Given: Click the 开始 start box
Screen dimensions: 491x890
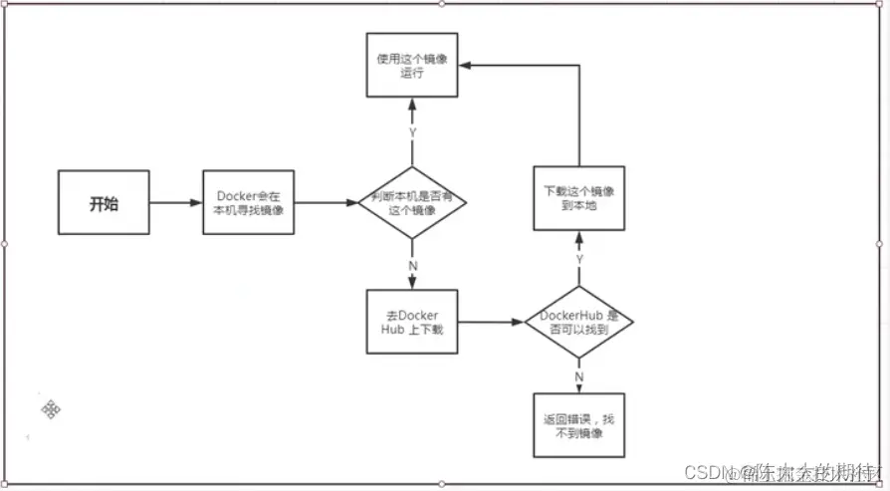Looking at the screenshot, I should (x=104, y=204).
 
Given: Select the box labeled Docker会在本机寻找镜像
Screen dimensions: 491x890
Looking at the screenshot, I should (x=249, y=203).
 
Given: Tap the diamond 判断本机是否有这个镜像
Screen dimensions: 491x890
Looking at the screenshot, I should (x=412, y=203).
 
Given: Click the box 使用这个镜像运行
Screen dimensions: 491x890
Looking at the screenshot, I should (x=412, y=66).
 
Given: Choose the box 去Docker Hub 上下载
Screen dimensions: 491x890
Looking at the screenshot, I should (x=412, y=323).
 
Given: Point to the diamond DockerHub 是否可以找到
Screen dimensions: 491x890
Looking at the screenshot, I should (x=579, y=323).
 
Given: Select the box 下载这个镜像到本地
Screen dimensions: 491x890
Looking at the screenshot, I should (x=579, y=198).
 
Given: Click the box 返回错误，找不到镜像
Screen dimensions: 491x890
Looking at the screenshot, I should (x=579, y=425).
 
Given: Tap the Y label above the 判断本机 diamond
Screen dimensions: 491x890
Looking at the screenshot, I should (x=412, y=131).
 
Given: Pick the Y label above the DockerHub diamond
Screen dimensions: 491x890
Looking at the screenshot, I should (x=579, y=259).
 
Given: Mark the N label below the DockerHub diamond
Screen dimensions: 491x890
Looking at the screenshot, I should (x=579, y=376).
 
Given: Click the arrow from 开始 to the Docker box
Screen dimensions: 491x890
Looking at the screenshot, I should (x=176, y=204).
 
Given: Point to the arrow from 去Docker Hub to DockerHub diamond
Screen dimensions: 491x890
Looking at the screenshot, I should (x=490, y=323).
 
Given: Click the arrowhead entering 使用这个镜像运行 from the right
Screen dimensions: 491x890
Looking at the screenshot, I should (x=465, y=64).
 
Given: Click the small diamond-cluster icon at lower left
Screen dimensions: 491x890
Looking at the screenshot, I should (x=52, y=409).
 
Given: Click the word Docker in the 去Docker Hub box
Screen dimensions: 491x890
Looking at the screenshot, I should (x=417, y=315).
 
